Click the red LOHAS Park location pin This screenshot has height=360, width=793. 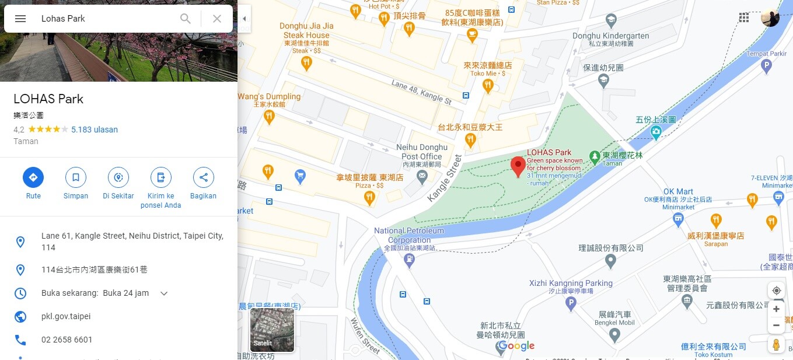pyautogui.click(x=518, y=166)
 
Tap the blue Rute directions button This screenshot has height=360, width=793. pyautogui.click(x=33, y=177)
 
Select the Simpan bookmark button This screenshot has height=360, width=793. pyautogui.click(x=75, y=177)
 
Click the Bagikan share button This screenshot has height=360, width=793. pyautogui.click(x=203, y=177)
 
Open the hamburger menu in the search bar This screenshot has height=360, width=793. pyautogui.click(x=20, y=19)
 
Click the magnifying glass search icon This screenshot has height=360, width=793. pyautogui.click(x=186, y=19)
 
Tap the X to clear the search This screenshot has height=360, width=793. pyautogui.click(x=217, y=19)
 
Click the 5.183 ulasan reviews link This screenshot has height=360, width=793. pyautogui.click(x=95, y=130)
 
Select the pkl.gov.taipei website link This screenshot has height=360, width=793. pyautogui.click(x=66, y=316)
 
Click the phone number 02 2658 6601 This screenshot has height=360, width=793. pyautogui.click(x=67, y=340)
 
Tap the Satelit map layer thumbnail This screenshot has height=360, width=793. pyautogui.click(x=272, y=330)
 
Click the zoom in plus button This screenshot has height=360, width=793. pyautogui.click(x=776, y=309)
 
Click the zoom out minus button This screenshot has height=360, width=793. pyautogui.click(x=776, y=325)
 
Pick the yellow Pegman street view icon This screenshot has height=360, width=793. pyautogui.click(x=776, y=344)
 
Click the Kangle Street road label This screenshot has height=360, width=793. pyautogui.click(x=445, y=178)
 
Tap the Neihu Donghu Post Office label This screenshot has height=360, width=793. pyautogui.click(x=424, y=152)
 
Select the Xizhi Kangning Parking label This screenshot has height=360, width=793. pyautogui.click(x=571, y=283)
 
